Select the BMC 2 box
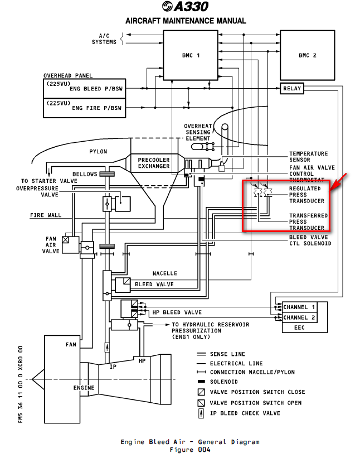point(307,55)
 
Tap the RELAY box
point(292,88)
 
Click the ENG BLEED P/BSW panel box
point(83,88)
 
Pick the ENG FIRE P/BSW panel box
point(83,108)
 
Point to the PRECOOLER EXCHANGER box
point(154,163)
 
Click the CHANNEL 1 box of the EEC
point(299,307)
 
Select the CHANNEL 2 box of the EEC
point(299,317)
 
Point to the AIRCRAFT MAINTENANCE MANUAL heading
point(186,21)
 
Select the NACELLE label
point(165,273)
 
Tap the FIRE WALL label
point(46,215)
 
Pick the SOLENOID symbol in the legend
point(201,382)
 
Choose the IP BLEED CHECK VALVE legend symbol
point(201,413)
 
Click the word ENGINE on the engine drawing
point(84,388)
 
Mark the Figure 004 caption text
point(190,450)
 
